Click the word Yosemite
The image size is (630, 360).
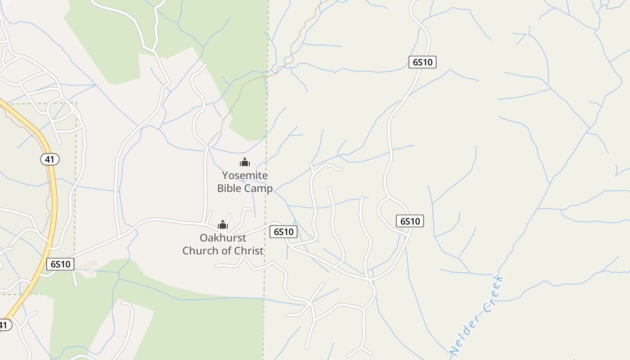[245, 175]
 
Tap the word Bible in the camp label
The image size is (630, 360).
[229, 188]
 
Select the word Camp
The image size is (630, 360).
[259, 188]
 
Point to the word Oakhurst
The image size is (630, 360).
[223, 238]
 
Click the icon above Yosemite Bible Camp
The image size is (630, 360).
[245, 162]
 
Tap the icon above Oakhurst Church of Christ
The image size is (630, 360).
[223, 224]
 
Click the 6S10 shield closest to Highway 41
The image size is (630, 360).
[60, 264]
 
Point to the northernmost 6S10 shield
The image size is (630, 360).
[423, 62]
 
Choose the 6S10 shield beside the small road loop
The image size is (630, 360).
[409, 221]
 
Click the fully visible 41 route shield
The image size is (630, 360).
[49, 159]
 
